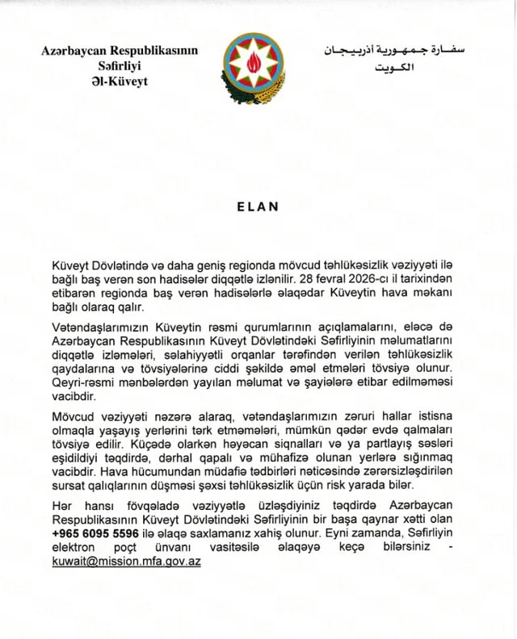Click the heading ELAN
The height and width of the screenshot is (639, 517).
[x=258, y=207]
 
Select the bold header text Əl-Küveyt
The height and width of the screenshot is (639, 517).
[x=120, y=82]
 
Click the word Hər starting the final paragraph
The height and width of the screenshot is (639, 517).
[x=61, y=503]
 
